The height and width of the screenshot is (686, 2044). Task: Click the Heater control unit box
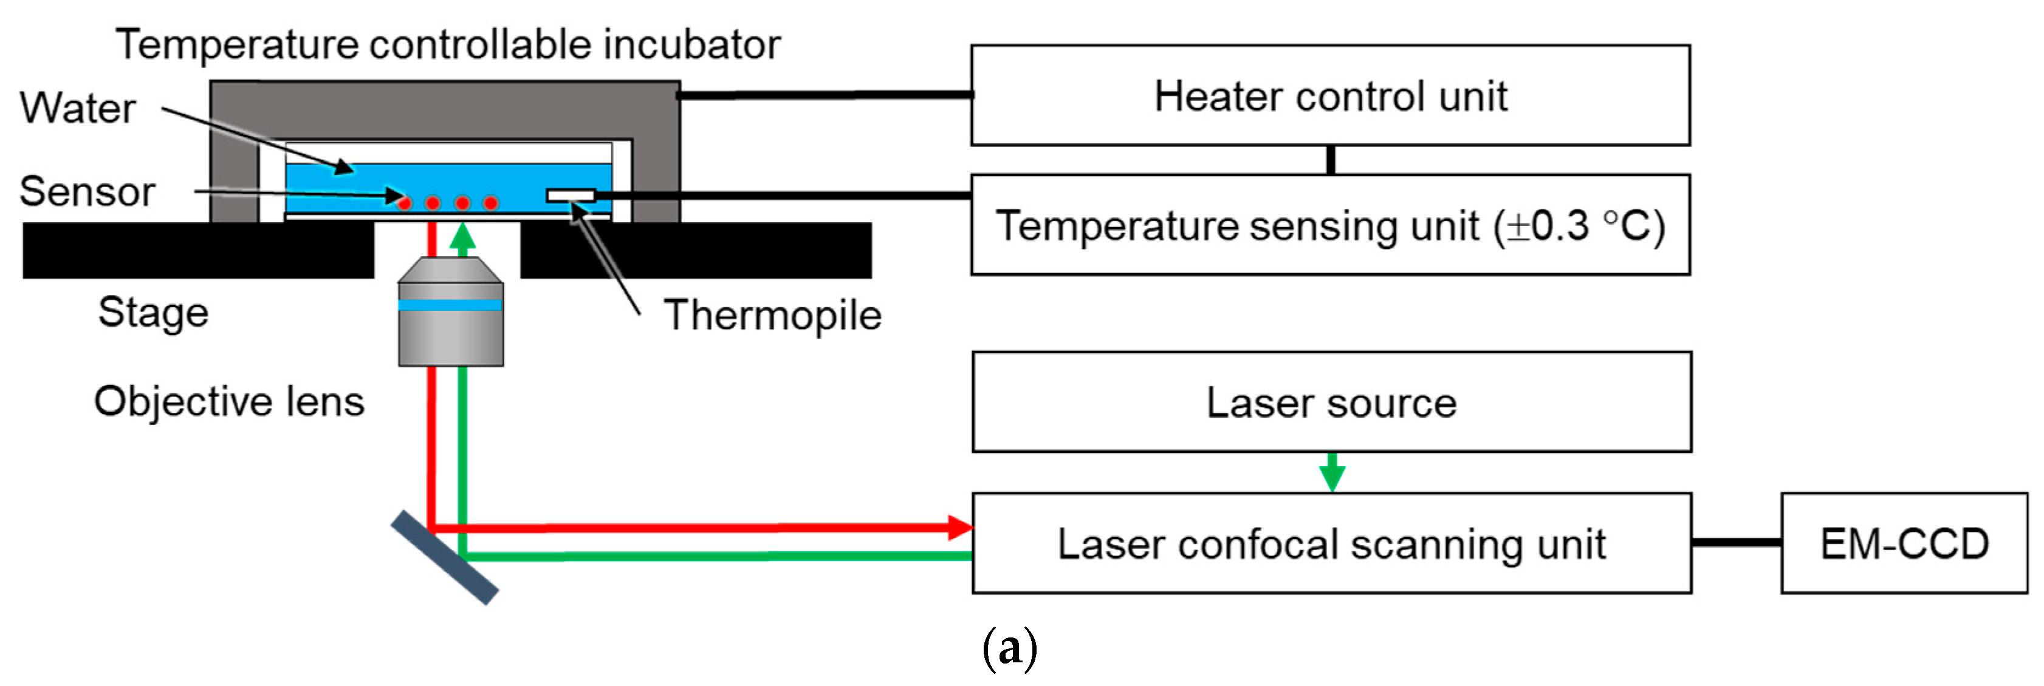1331,95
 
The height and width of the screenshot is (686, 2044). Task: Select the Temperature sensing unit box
1331,225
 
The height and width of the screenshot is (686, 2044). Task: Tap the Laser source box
1331,402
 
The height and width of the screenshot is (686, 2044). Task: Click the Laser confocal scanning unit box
1331,543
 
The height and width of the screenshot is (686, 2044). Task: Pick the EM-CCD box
1904,543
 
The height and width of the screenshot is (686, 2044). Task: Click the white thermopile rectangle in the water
571,195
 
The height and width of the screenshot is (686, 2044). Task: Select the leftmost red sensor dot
405,203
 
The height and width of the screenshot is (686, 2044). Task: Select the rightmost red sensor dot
491,203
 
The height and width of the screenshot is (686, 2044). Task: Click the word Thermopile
772,316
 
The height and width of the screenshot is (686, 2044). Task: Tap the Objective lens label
229,401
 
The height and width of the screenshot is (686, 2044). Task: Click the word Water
78,109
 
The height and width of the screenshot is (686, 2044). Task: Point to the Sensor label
87,192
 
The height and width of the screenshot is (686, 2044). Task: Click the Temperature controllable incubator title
448,44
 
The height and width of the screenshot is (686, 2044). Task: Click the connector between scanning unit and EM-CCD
1736,543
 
